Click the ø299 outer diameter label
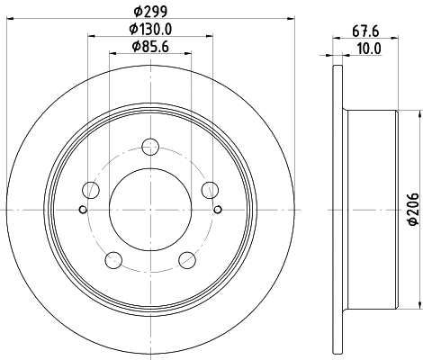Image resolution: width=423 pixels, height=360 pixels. tap(149, 11)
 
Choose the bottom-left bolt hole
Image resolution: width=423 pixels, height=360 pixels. tap(113, 260)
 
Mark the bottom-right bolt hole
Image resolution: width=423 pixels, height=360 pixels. tap(187, 260)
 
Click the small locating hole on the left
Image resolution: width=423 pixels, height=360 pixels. tap(83, 211)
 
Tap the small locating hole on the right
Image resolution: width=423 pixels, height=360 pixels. tap(218, 211)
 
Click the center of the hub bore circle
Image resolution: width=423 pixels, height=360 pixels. tap(150, 211)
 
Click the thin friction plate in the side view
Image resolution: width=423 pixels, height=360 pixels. tap(338, 211)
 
